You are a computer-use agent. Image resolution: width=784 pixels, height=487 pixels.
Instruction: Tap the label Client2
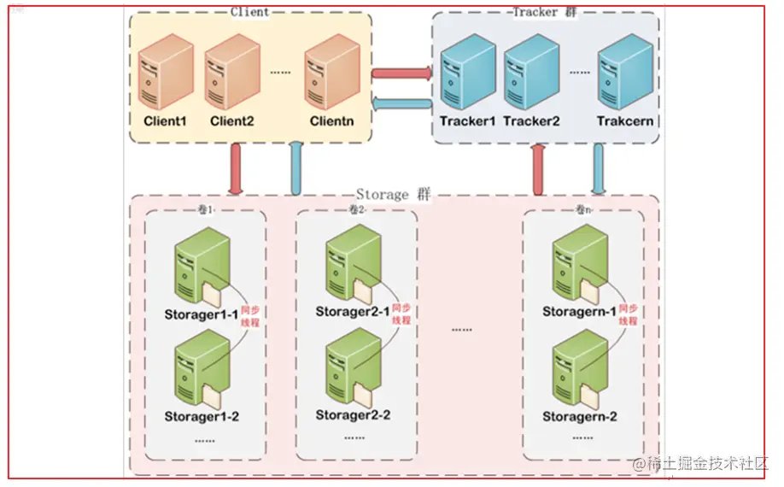[x=232, y=121]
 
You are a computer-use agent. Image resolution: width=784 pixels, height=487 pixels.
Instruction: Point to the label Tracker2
[x=531, y=121]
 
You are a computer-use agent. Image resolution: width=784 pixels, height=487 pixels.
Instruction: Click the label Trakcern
[x=626, y=121]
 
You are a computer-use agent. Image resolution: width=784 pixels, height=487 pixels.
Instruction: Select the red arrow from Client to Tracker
[x=401, y=73]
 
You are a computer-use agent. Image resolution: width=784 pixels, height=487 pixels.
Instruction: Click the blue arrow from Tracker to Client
[x=401, y=104]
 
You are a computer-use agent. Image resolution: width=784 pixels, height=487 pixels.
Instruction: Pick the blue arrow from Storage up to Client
[x=296, y=168]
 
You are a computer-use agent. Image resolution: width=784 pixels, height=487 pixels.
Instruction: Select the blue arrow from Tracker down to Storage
[x=599, y=168]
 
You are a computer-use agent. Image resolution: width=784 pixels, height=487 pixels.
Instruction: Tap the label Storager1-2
[x=202, y=416]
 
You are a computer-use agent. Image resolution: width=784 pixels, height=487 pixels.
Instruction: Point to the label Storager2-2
[x=353, y=415]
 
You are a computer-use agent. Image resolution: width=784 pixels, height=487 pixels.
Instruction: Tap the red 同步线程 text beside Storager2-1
[x=401, y=314]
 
